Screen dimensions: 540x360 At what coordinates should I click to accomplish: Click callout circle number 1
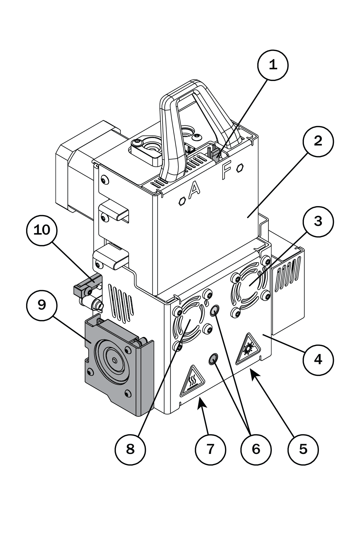tap(273, 65)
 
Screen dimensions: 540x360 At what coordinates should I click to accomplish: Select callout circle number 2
tap(318, 141)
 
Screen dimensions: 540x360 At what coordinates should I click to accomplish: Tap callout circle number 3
tap(318, 221)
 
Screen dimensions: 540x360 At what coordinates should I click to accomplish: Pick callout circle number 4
tap(318, 359)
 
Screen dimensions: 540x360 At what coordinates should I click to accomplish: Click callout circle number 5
tap(303, 449)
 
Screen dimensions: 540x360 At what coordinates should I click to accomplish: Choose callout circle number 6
tap(256, 449)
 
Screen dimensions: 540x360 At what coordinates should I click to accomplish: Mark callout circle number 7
tap(210, 449)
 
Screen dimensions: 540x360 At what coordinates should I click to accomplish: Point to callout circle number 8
tap(130, 449)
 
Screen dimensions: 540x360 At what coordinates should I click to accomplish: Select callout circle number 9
tap(42, 305)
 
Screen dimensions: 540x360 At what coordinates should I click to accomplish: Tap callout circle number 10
tap(42, 230)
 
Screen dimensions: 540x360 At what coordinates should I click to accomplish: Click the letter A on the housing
tap(194, 189)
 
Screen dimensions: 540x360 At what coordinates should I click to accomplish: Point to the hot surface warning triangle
tap(192, 381)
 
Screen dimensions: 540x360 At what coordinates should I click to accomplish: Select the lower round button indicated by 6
tap(213, 358)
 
